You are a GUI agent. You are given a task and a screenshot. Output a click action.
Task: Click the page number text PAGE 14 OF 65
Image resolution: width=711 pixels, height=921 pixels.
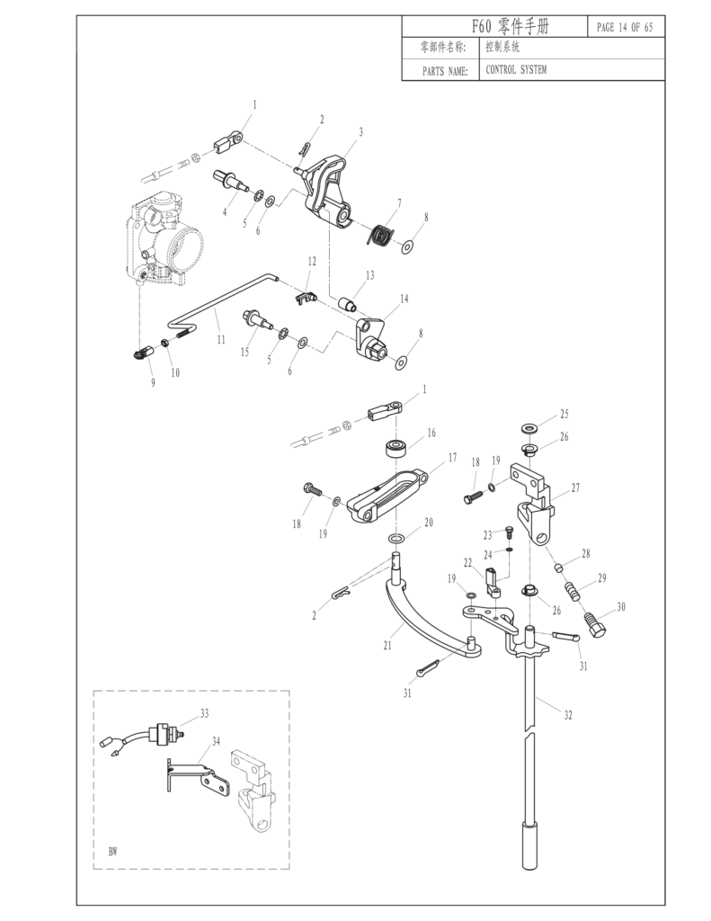click(x=625, y=28)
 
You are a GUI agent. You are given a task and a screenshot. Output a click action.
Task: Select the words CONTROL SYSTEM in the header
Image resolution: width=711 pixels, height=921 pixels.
click(x=516, y=69)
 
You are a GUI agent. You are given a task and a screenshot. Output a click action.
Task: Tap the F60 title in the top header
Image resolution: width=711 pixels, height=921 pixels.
click(x=509, y=28)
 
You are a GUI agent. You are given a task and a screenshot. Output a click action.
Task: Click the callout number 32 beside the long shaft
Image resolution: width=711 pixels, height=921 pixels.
click(x=567, y=715)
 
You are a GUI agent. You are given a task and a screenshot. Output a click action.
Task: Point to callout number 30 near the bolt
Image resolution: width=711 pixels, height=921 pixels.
click(x=620, y=607)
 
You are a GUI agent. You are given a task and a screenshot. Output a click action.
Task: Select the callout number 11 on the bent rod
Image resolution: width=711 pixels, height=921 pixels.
click(x=220, y=341)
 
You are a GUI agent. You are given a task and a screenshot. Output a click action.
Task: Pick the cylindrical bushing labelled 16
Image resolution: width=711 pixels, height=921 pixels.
click(x=395, y=447)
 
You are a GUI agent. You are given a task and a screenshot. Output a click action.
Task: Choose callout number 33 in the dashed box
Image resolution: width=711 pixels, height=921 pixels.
click(x=204, y=712)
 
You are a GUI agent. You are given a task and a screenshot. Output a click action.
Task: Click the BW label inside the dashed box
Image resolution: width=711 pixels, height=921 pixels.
click(x=112, y=850)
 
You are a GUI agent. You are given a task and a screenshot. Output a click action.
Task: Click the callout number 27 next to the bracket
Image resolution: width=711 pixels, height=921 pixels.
click(x=574, y=487)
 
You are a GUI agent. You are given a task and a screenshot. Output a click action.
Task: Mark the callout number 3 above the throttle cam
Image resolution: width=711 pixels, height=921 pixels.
click(x=360, y=131)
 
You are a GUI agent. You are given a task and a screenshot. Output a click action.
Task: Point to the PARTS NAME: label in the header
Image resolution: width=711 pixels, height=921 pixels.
click(x=444, y=70)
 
